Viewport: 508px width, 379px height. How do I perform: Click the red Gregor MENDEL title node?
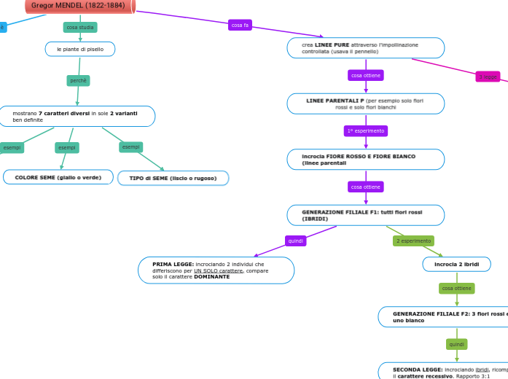pos(79,6)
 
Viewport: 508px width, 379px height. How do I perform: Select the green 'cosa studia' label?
pos(80,27)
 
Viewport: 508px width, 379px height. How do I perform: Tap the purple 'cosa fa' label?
pos(240,25)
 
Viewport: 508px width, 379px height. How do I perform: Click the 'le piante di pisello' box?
pos(80,49)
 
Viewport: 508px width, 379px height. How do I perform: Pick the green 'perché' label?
pos(78,80)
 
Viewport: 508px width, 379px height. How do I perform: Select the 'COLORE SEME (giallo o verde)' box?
pos(58,177)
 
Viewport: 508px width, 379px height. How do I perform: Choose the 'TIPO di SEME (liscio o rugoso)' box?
pos(173,178)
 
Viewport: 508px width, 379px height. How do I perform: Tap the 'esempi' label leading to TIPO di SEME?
pos(130,147)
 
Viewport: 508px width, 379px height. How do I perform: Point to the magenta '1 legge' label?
pos(488,77)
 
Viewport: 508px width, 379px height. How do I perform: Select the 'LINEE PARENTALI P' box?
pos(365,103)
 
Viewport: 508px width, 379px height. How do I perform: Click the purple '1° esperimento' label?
pos(365,131)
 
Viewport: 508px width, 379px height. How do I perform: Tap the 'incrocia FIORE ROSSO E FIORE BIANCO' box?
pos(365,160)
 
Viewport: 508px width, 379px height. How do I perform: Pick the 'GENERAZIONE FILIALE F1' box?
pos(365,215)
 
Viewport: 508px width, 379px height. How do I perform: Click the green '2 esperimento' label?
pos(413,241)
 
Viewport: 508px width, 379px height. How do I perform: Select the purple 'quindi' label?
pos(295,241)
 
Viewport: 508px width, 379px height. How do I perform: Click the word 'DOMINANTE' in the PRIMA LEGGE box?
pos(211,277)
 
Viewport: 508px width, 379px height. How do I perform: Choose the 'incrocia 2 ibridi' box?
pos(457,264)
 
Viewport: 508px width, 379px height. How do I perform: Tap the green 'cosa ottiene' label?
pos(457,289)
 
